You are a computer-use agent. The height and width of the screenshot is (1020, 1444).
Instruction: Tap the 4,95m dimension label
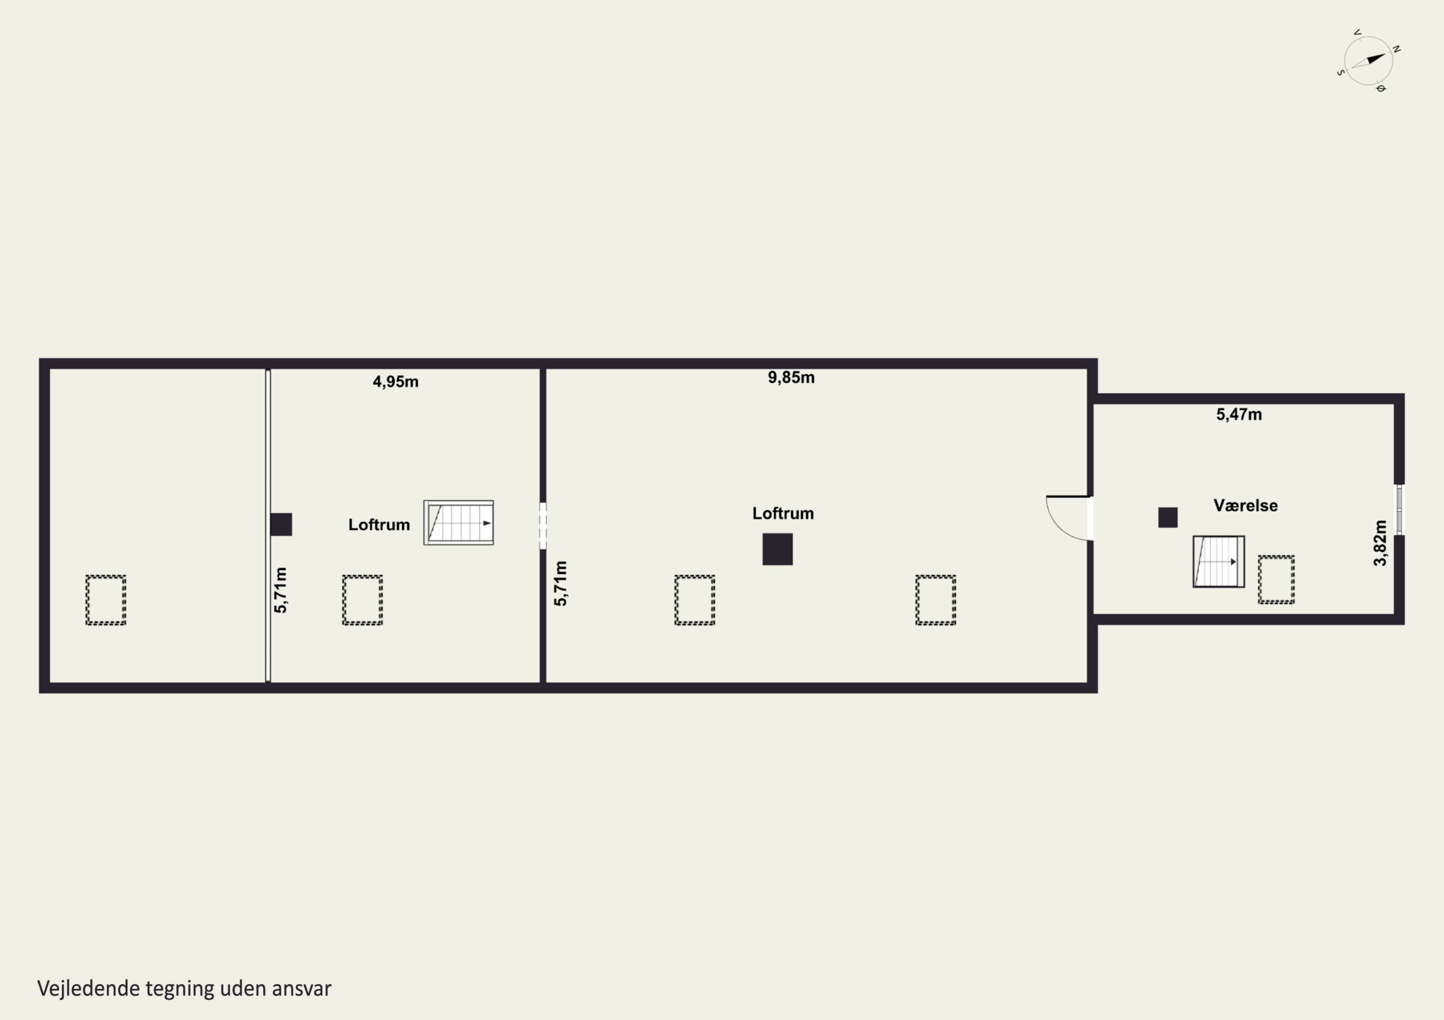click(x=395, y=381)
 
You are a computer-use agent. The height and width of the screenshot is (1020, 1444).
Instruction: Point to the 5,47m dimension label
click(x=1238, y=414)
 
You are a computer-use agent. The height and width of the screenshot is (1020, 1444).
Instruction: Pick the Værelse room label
click(x=1245, y=505)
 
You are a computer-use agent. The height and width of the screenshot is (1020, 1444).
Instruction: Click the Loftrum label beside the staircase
click(x=379, y=524)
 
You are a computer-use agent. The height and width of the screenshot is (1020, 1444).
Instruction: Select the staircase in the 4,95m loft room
click(x=459, y=522)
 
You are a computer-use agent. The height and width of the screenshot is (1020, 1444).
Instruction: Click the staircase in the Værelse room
click(x=1218, y=561)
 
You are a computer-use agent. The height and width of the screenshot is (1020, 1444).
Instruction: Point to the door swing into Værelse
click(x=1069, y=518)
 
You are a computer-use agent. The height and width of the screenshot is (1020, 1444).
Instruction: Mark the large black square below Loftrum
click(x=777, y=549)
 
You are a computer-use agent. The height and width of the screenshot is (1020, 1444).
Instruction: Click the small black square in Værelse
click(x=1167, y=517)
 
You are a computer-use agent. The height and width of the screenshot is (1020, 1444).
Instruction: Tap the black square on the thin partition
click(x=281, y=524)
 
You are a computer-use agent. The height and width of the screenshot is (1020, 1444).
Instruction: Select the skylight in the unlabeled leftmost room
click(x=106, y=600)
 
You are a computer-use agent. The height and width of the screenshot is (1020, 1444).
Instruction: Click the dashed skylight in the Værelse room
click(x=1276, y=579)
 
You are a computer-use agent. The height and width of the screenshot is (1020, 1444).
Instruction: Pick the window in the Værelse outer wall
click(x=1399, y=510)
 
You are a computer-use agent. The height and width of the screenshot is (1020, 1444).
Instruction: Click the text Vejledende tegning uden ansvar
click(x=184, y=989)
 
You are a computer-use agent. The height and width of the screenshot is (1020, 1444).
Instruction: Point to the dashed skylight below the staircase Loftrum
click(x=362, y=600)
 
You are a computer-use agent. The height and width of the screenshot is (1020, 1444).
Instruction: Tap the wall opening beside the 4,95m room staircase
click(x=543, y=526)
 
